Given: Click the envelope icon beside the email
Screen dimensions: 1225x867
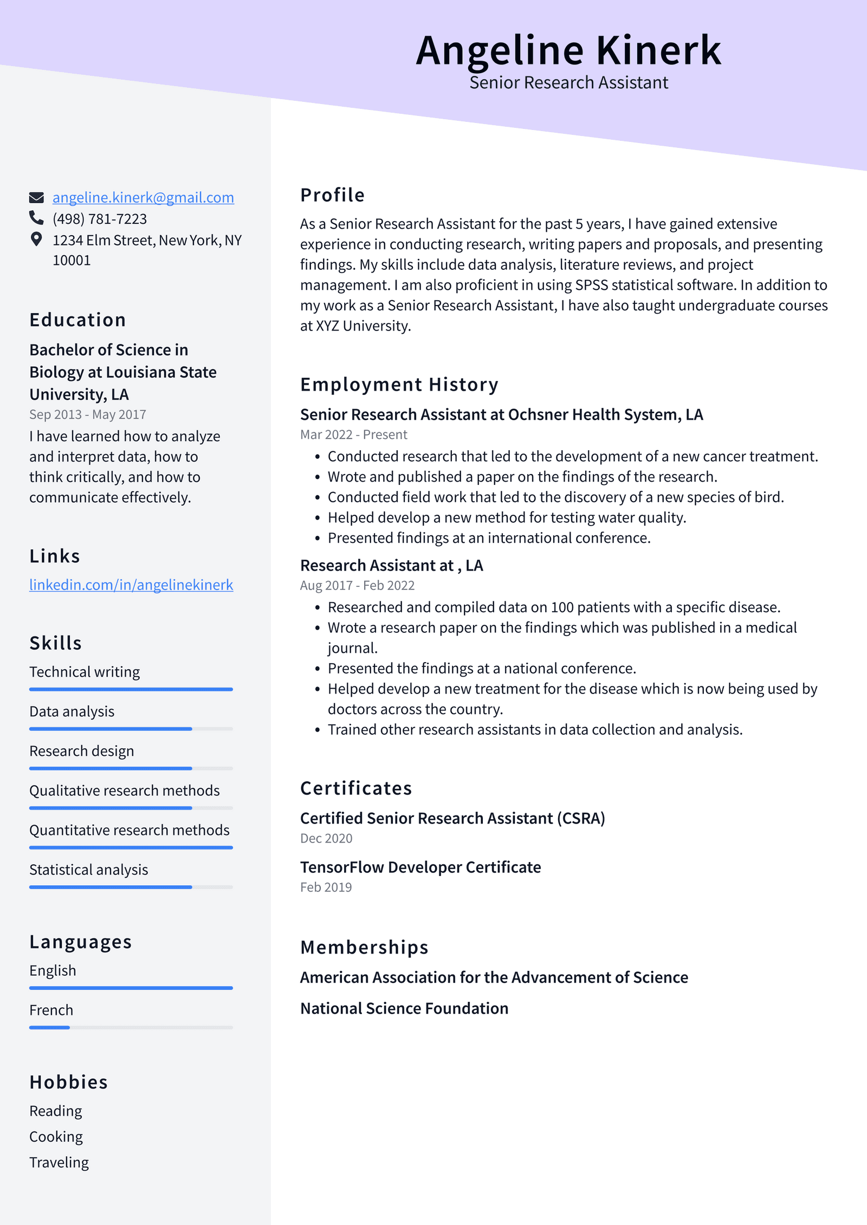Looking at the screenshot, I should point(36,198).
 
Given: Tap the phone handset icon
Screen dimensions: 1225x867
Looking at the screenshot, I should point(36,218).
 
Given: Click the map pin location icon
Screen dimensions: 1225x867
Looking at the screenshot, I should point(36,239).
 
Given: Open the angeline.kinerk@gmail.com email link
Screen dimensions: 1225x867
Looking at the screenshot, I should point(143,198).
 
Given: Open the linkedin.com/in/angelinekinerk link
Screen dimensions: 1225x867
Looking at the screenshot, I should point(131,585).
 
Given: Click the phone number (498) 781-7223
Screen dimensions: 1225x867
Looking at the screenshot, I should point(100,219).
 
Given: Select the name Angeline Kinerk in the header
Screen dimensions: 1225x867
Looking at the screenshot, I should point(568,50).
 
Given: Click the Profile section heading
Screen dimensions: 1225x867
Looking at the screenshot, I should point(332,195).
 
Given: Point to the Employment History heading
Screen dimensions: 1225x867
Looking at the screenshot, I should point(399,385).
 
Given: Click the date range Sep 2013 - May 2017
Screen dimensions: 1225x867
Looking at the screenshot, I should point(88,414).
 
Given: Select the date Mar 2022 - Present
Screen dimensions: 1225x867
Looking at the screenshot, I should point(353,435).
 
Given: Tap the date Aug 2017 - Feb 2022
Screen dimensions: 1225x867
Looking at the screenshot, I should point(357,586).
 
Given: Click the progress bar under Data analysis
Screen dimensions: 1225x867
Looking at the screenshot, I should point(131,729).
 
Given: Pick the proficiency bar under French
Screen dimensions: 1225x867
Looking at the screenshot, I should point(131,1027).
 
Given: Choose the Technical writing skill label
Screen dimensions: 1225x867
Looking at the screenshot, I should point(85,672).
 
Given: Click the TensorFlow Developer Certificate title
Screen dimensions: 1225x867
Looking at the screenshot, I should point(420,867).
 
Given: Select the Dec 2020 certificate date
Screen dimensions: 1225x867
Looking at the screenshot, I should point(326,839).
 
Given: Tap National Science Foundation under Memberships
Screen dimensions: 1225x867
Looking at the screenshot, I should point(404,1009).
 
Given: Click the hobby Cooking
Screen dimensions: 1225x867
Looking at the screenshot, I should point(56,1137).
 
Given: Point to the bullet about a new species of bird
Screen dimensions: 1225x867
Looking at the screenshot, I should point(555,497).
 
